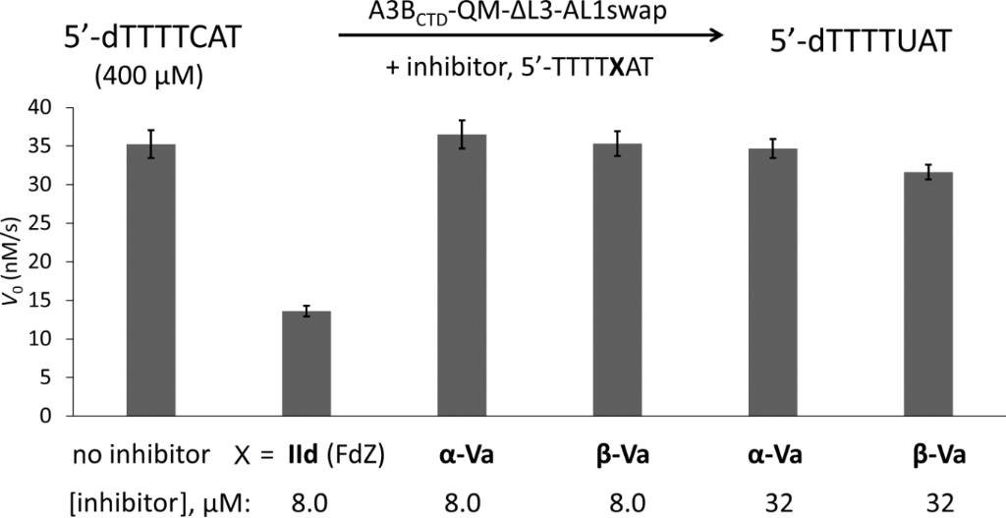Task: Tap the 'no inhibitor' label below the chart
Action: pos(140,456)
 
